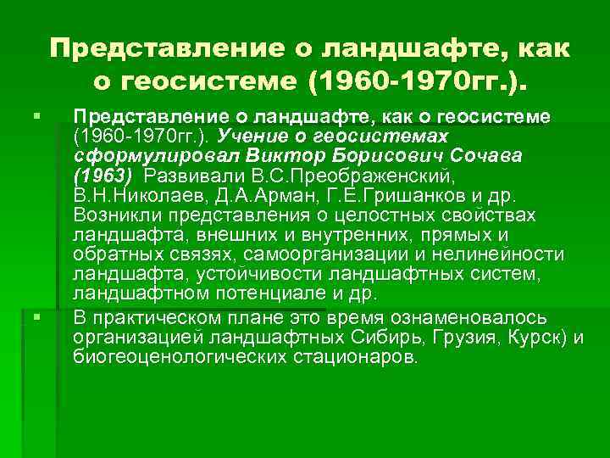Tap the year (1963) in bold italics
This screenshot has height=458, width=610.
coord(103,176)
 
